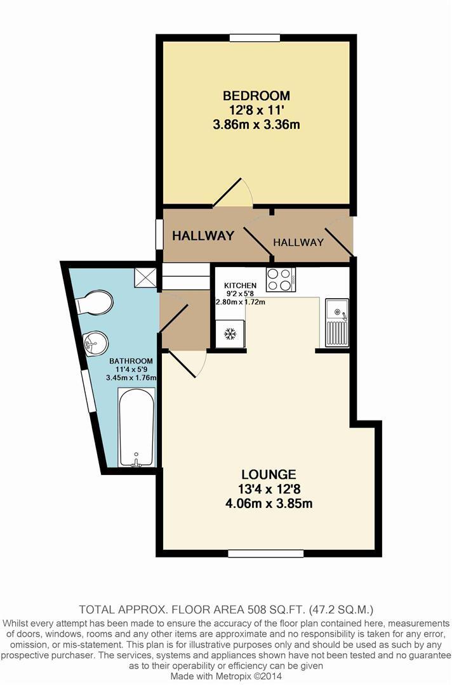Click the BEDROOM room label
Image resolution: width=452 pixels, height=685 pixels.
click(x=256, y=96)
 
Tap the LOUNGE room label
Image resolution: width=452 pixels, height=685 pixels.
click(x=269, y=474)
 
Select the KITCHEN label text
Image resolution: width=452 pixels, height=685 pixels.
click(x=241, y=286)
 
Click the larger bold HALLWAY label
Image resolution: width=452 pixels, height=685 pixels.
click(x=203, y=236)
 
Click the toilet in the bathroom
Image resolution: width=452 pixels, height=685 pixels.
click(x=95, y=303)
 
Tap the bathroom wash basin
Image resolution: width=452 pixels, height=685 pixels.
click(x=95, y=343)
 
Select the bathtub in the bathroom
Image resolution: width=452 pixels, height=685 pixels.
click(x=136, y=427)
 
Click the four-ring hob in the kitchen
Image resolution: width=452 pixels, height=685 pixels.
click(x=281, y=279)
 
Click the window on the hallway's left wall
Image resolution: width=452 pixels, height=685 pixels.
click(x=159, y=235)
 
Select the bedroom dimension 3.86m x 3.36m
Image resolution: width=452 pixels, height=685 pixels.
click(x=256, y=125)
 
